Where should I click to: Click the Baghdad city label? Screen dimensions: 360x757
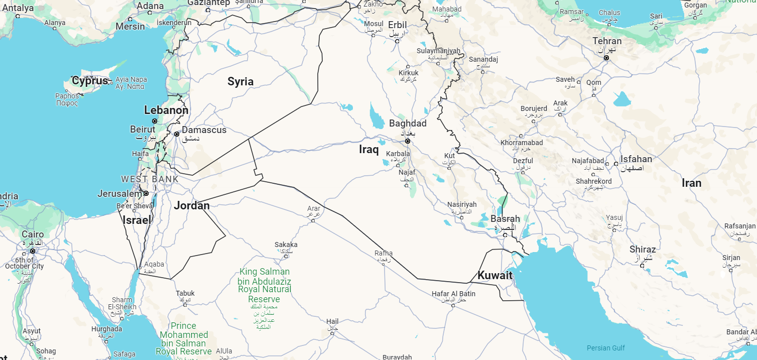(408, 124)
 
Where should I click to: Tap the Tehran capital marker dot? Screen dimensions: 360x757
(606, 58)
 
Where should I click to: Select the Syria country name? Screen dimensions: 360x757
(240, 81)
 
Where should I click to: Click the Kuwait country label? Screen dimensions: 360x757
(494, 275)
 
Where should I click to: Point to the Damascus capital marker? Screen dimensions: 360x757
(177, 134)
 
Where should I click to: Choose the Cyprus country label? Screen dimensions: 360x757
(90, 81)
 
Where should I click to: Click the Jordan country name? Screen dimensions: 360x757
(192, 205)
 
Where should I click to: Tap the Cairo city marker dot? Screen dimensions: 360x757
(33, 251)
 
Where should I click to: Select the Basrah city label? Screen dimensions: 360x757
(505, 219)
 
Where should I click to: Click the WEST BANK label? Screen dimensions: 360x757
(150, 179)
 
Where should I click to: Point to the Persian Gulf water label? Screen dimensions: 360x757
(606, 348)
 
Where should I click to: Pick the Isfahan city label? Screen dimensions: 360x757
(636, 159)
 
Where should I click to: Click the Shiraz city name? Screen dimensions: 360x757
(643, 250)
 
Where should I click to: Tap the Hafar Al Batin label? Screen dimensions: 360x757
(453, 294)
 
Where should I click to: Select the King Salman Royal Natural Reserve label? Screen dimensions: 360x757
(265, 285)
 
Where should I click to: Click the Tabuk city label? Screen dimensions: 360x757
(185, 293)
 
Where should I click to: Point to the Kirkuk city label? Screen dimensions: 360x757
(408, 73)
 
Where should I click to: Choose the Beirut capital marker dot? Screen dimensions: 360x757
(155, 121)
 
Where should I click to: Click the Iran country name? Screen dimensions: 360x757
(691, 183)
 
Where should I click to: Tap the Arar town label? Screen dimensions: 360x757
(314, 208)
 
